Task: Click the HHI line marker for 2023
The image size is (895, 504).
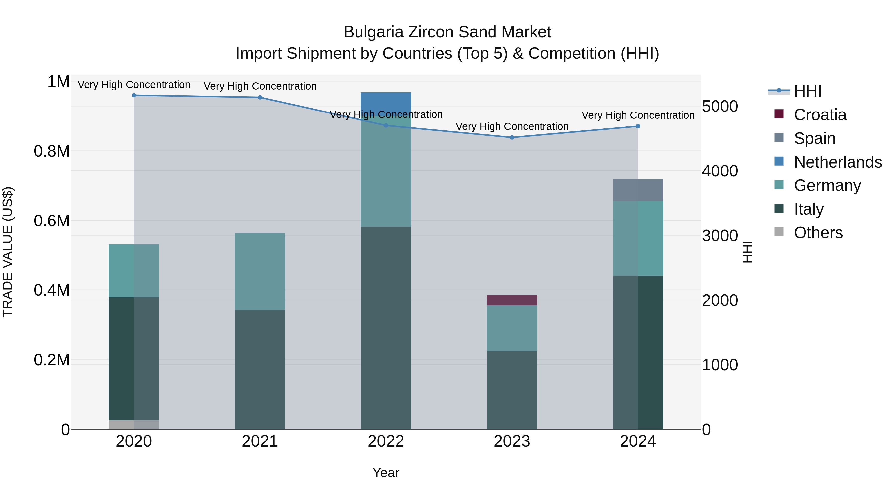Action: [x=512, y=137]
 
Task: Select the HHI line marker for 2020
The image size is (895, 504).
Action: [x=134, y=95]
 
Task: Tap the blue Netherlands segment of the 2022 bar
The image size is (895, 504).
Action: [x=386, y=103]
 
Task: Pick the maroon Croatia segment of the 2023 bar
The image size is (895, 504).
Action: [x=512, y=300]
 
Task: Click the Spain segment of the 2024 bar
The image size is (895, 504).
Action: [x=638, y=190]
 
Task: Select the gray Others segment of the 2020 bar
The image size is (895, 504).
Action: [x=134, y=425]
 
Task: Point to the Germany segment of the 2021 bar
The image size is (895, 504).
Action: [x=260, y=271]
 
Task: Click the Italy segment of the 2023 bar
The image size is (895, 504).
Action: [x=512, y=390]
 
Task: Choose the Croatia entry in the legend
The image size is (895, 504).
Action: [x=820, y=115]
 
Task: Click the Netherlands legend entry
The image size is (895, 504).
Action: [x=837, y=162]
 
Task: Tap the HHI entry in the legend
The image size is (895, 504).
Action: [x=807, y=91]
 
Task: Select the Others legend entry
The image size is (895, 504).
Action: [x=818, y=233]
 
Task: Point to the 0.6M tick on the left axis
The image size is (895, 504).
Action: [x=52, y=221]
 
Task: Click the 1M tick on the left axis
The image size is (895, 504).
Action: [x=58, y=82]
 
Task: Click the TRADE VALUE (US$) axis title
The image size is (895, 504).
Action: [x=8, y=252]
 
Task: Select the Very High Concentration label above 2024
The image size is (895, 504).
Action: [x=638, y=115]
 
